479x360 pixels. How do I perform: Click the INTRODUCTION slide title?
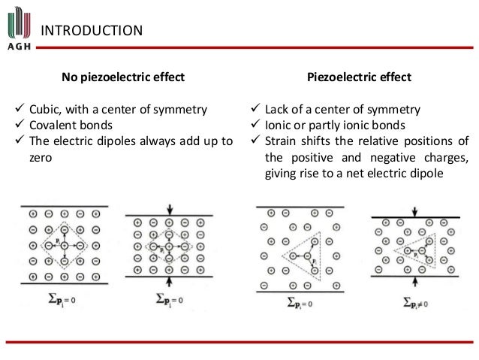click(90, 30)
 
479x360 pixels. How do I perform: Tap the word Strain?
click(283, 140)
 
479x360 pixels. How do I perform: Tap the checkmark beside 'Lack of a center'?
click(255, 110)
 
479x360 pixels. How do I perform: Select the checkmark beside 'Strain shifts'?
click(255, 140)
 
